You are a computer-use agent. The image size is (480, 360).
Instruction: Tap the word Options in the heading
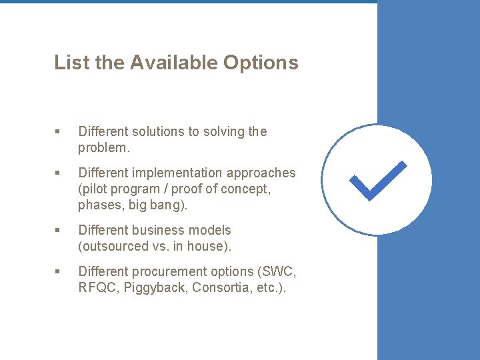(261, 63)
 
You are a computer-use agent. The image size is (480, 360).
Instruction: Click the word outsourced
(112, 246)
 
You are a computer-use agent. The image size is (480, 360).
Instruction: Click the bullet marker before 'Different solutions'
(58, 132)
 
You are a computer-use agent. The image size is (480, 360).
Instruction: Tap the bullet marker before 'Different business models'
(58, 230)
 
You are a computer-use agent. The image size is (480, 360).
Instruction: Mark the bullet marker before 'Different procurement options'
(58, 271)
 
